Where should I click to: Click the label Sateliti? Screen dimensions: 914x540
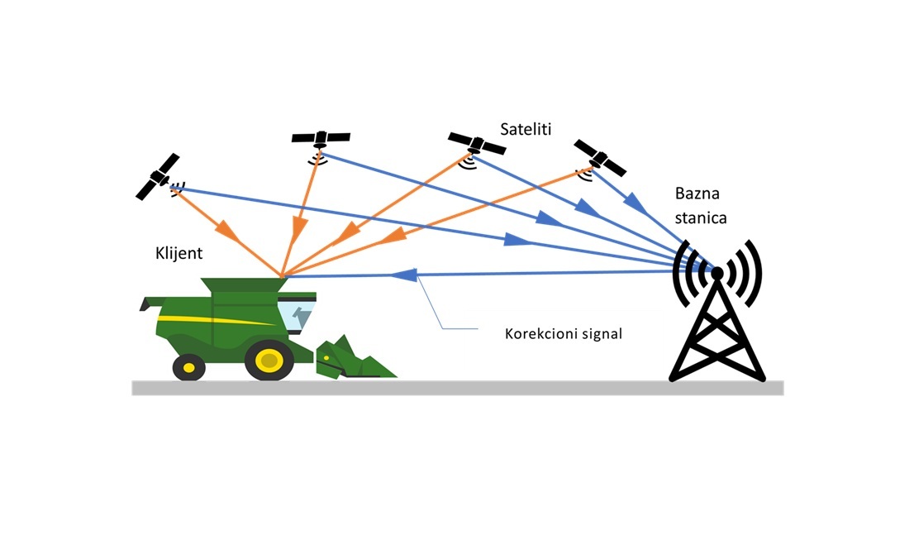(526, 129)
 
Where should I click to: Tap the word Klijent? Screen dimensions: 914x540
(179, 253)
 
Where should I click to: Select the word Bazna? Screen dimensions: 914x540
(697, 193)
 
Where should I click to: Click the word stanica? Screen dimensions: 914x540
(701, 218)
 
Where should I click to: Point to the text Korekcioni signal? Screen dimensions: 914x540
(563, 333)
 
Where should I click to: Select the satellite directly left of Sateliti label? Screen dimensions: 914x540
(476, 147)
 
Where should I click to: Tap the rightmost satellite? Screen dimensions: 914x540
(599, 158)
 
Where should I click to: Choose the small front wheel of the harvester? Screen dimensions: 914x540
(189, 367)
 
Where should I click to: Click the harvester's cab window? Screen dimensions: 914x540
(297, 315)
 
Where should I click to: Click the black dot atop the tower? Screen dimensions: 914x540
(717, 273)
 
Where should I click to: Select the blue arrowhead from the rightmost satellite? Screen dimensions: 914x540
(636, 203)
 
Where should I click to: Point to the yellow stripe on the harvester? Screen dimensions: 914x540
(216, 320)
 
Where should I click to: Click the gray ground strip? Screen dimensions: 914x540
(458, 388)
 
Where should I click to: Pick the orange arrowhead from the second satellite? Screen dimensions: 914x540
(299, 230)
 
